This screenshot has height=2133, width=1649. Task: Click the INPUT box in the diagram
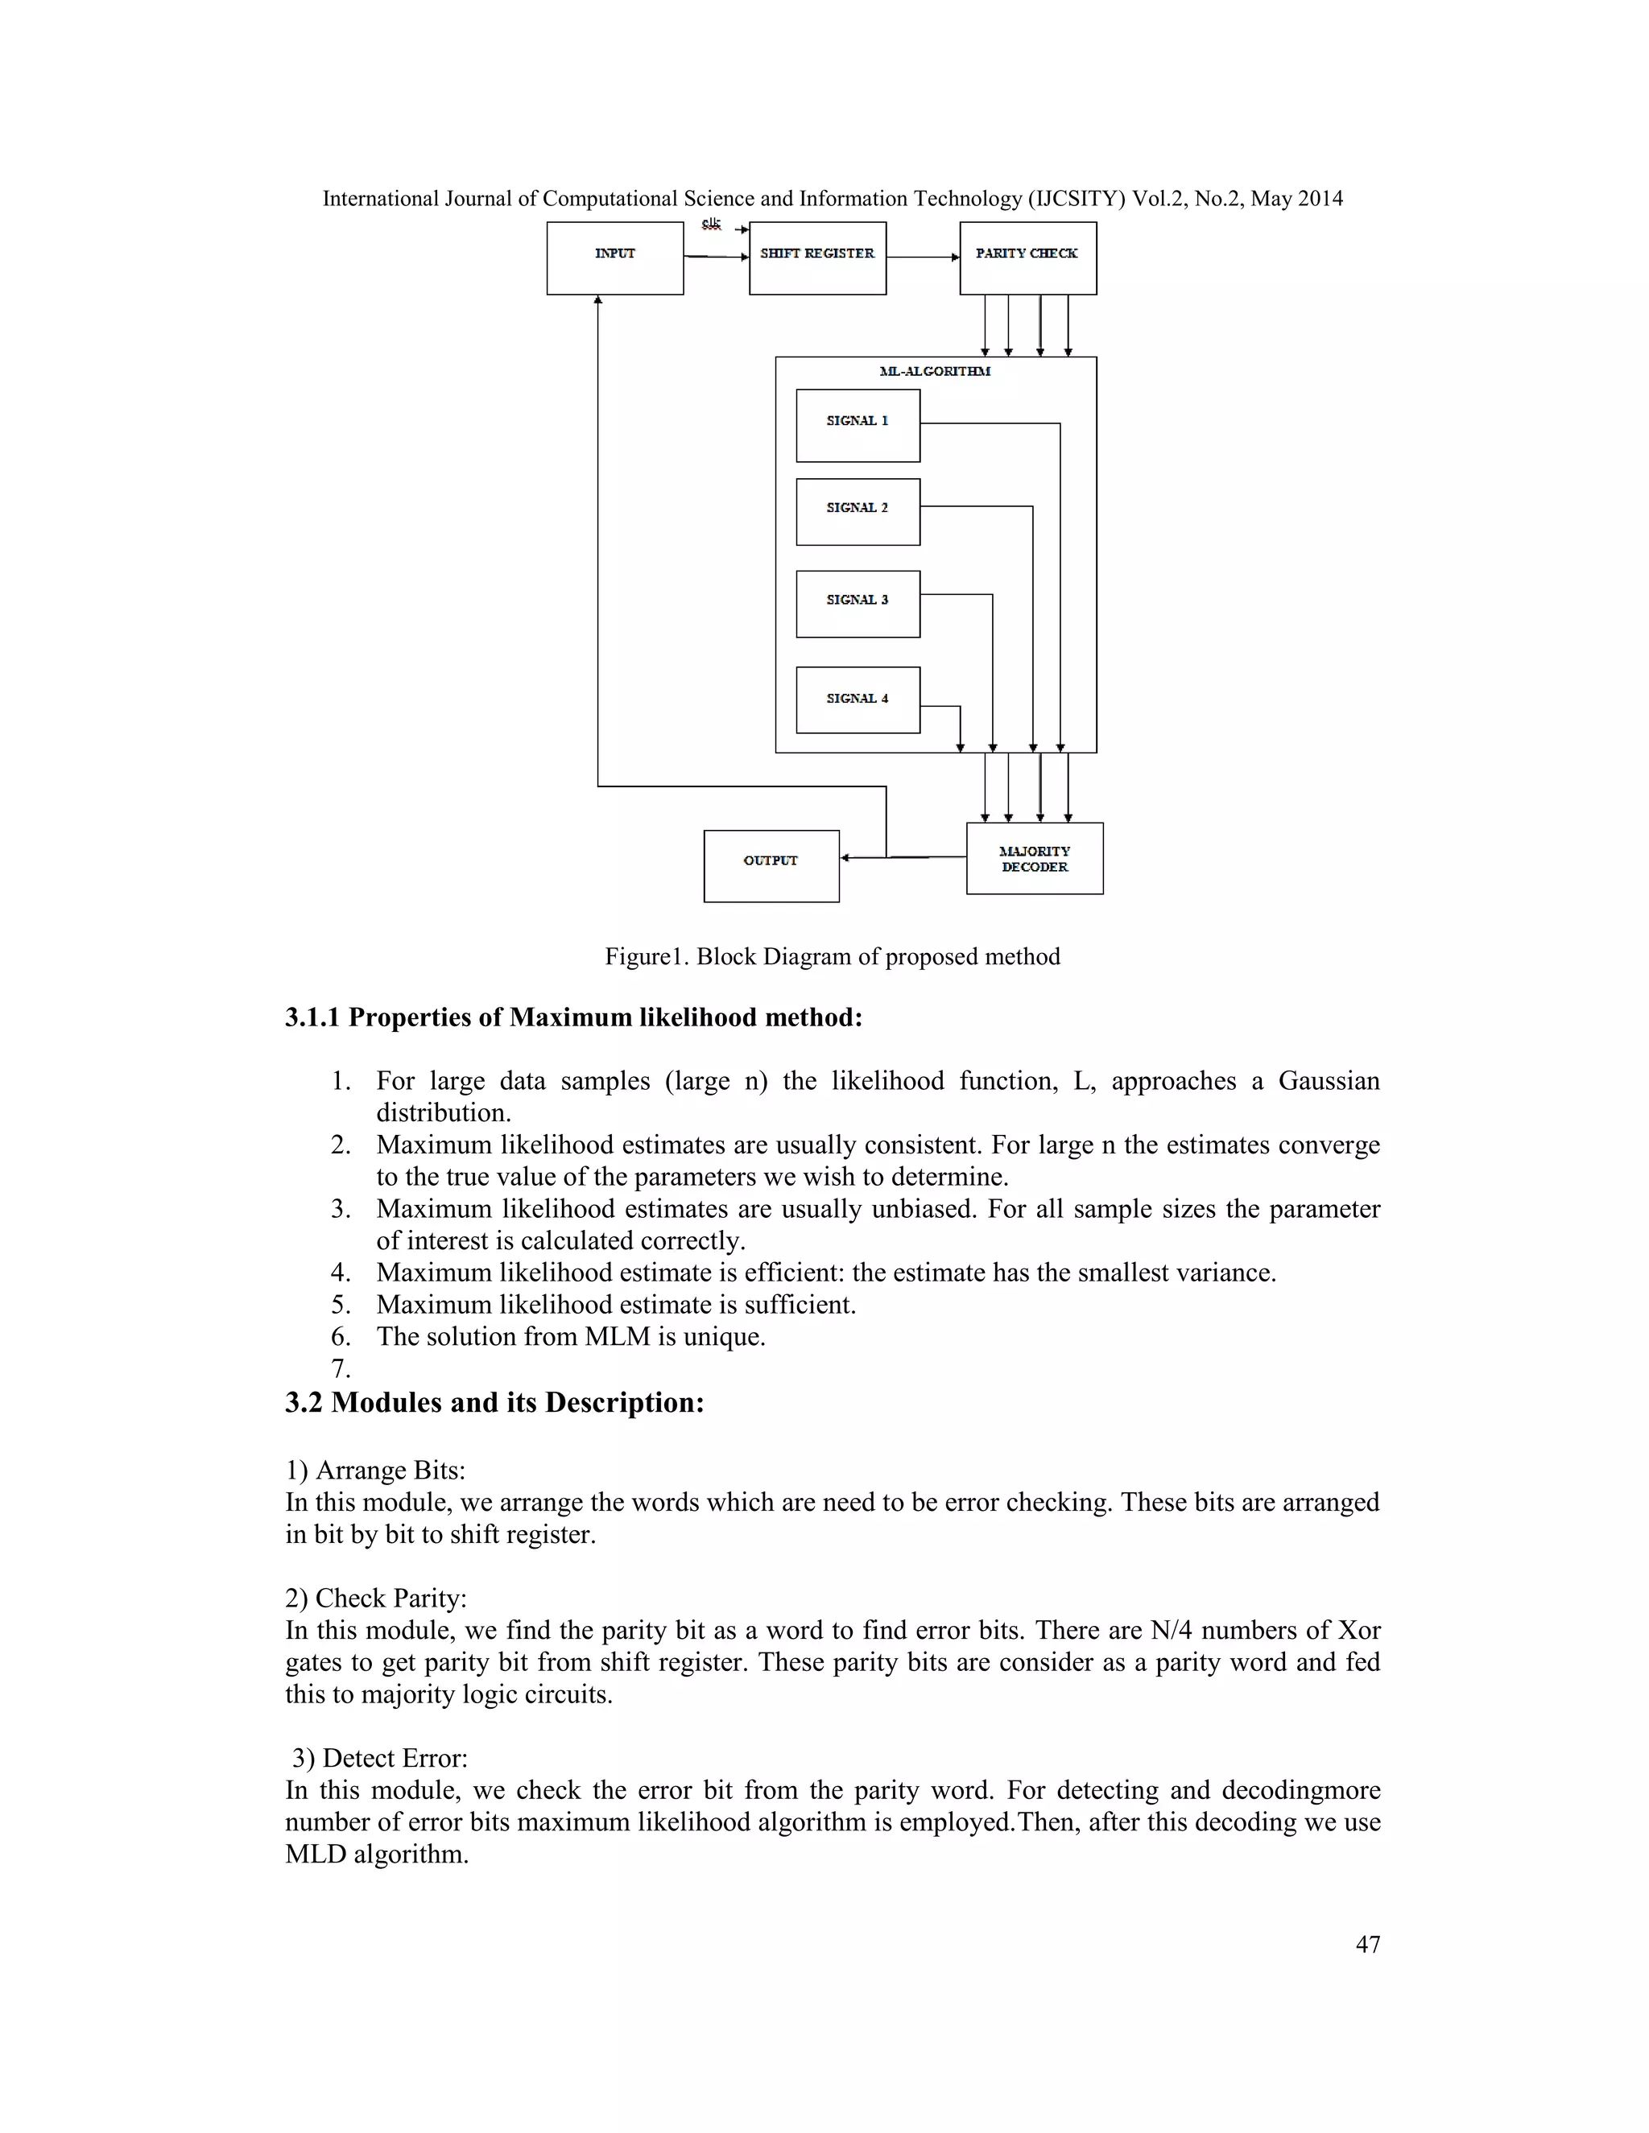(x=614, y=258)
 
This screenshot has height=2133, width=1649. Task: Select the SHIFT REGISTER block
(x=818, y=258)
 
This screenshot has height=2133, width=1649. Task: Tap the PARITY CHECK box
(x=1027, y=258)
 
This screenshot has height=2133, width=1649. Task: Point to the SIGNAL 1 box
(x=858, y=425)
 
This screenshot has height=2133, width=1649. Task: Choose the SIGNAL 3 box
(x=858, y=604)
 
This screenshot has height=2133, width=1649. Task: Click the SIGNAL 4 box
(x=858, y=699)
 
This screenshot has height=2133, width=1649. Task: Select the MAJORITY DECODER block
(x=1035, y=859)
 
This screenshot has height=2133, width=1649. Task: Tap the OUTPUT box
(x=771, y=865)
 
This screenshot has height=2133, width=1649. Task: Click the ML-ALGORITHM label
(x=935, y=371)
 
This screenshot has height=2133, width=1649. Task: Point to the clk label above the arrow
(x=711, y=225)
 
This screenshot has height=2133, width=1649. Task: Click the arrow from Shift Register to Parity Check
(x=922, y=257)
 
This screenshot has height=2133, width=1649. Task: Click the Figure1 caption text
(x=833, y=956)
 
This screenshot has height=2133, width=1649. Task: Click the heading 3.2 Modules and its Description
(x=494, y=1402)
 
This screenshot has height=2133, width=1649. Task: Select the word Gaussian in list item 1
(x=1329, y=1081)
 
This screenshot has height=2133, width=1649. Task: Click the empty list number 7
(x=340, y=1368)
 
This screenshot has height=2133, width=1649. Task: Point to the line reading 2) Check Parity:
(x=376, y=1598)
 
